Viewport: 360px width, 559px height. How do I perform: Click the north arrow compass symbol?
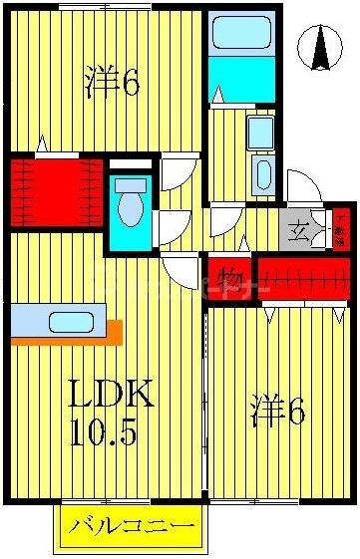click(x=321, y=48)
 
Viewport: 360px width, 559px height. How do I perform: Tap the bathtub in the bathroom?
click(x=241, y=34)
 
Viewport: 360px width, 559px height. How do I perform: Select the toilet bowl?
click(x=130, y=210)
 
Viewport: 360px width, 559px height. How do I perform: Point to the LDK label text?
click(x=110, y=397)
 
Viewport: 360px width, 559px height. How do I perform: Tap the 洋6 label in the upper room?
click(x=111, y=82)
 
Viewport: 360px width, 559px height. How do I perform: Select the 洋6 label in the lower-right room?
click(x=276, y=411)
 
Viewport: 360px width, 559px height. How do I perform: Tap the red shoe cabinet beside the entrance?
click(x=340, y=230)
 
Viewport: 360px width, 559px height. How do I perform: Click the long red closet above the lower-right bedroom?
click(x=303, y=278)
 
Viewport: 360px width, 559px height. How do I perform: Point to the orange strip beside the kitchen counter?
click(x=114, y=331)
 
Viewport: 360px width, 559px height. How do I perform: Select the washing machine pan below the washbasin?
click(x=262, y=175)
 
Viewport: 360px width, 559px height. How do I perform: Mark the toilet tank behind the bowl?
click(x=130, y=185)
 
